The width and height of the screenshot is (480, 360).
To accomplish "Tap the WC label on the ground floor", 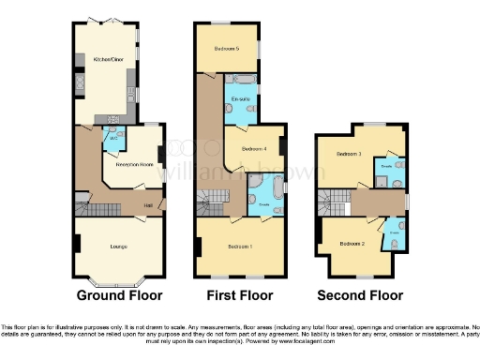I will click(x=114, y=138).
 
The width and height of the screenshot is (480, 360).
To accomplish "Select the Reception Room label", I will click(x=135, y=165).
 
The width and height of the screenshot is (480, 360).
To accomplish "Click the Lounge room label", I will click(x=118, y=247).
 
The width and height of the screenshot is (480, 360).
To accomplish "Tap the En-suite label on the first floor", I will click(x=239, y=98).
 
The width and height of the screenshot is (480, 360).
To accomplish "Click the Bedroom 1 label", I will click(x=241, y=247).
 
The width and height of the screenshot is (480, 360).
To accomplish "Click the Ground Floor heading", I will click(x=119, y=295).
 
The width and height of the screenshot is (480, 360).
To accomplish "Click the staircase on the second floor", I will click(x=334, y=200).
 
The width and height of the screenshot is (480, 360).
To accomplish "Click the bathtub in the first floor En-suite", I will click(x=240, y=81).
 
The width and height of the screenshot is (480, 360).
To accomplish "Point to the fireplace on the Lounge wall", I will click(x=78, y=245).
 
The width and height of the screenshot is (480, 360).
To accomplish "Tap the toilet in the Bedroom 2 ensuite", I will click(x=396, y=243).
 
